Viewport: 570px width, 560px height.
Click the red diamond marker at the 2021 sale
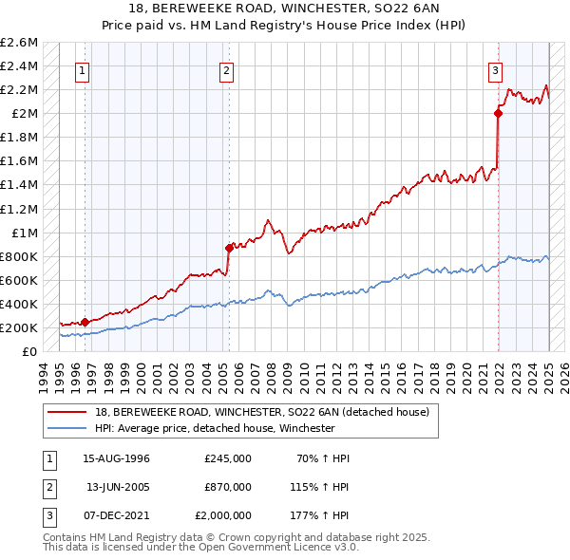(498, 113)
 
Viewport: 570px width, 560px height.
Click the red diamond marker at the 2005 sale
(229, 248)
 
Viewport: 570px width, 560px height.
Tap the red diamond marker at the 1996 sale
(85, 322)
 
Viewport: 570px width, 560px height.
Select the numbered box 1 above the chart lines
(83, 69)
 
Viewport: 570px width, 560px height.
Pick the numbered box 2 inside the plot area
(227, 69)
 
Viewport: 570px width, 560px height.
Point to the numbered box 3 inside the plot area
(496, 69)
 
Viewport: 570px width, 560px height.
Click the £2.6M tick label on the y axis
(19, 43)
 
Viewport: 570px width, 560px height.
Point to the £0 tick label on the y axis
(30, 351)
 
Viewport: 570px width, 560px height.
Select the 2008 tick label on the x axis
(275, 373)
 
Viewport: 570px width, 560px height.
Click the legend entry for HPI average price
(215, 428)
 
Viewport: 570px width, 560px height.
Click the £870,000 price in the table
(228, 487)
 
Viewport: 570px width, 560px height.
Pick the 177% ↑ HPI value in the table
(320, 515)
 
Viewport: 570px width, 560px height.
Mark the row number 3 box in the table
(47, 515)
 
